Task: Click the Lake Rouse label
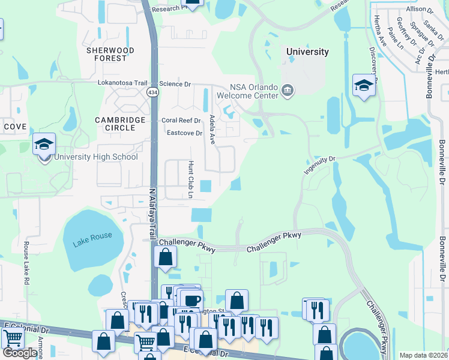(92, 236)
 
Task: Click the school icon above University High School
(44, 145)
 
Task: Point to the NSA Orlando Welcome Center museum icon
(288, 91)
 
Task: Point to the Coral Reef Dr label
(181, 121)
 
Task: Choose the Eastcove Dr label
(184, 133)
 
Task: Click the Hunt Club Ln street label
(191, 179)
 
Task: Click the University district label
(307, 52)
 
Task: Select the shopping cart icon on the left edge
(13, 339)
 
